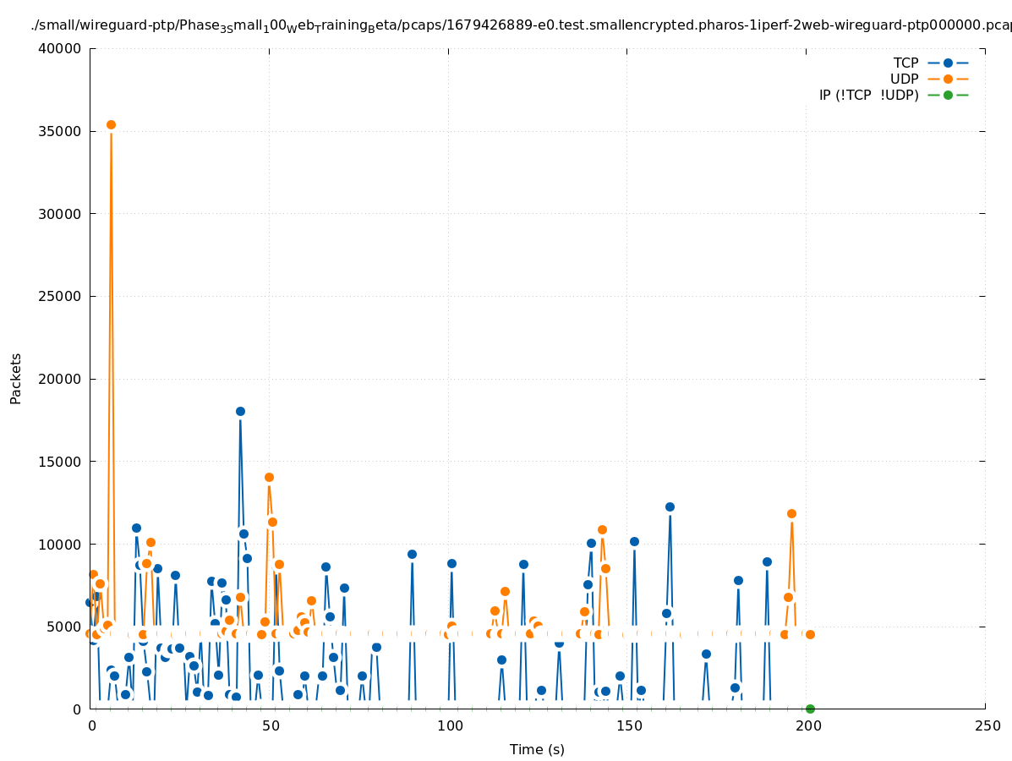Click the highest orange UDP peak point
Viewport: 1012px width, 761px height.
click(x=111, y=124)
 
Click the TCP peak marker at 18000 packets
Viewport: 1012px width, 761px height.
click(x=240, y=411)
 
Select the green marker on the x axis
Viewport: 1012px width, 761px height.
click(x=810, y=709)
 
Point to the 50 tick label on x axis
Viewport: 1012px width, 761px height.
click(x=271, y=725)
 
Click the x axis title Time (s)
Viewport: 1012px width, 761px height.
click(x=537, y=749)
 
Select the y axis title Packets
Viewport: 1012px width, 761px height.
click(x=16, y=378)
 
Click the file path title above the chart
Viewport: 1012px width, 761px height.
click(x=521, y=25)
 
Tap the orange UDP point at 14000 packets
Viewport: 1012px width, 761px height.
click(x=269, y=477)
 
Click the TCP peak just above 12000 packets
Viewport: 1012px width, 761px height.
click(x=670, y=506)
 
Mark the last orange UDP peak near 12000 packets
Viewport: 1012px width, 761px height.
click(x=791, y=513)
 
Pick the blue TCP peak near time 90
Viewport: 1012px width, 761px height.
click(x=412, y=554)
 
